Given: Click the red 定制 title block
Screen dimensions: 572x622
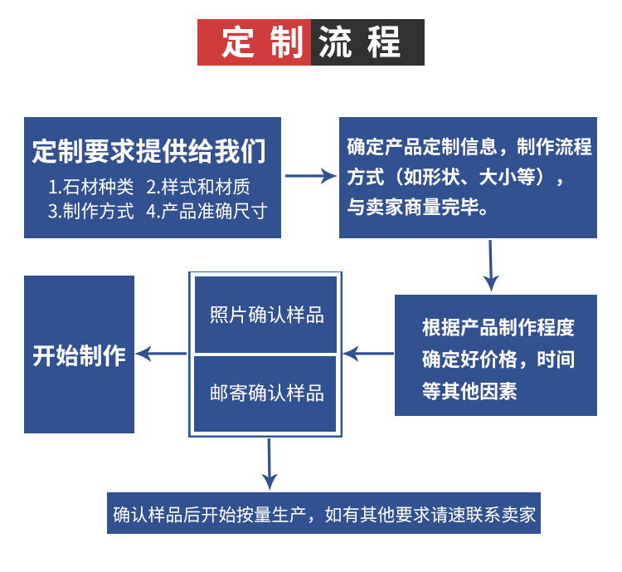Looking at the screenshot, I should coord(254,42).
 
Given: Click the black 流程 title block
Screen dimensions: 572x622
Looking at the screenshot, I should coord(367,42).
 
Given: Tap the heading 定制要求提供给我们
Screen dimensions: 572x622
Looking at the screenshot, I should coord(150,151).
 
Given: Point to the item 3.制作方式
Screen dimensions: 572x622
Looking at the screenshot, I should coord(90,211).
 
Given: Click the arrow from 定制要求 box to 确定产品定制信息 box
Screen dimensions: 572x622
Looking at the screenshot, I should coord(309,176).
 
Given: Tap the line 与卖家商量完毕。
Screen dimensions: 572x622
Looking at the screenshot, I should coord(417,208).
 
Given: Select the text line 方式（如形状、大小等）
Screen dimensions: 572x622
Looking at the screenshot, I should coord(455,178).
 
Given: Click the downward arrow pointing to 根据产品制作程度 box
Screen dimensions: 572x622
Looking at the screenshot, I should coord(491,266).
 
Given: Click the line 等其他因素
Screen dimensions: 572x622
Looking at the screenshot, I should coord(469,392).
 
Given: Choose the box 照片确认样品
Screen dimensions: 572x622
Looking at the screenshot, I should coord(266,315).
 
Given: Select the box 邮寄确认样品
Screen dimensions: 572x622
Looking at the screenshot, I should coord(266,393).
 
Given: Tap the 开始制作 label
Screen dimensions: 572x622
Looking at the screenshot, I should coord(79,355).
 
